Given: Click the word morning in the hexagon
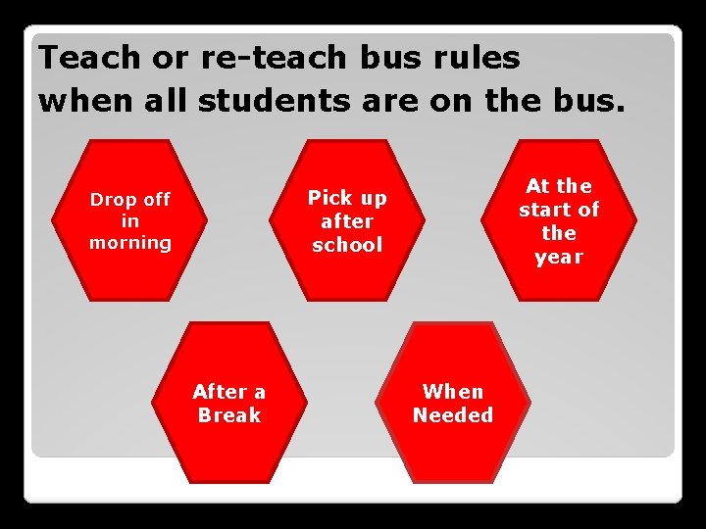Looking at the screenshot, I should [x=130, y=242].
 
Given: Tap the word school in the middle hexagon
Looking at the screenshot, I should [x=347, y=245].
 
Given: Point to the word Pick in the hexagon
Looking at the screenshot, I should [x=328, y=198].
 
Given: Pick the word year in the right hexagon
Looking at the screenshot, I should [x=559, y=258].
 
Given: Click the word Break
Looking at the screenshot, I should [x=228, y=414].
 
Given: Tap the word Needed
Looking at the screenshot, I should [x=453, y=414].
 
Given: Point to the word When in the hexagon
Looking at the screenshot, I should [x=453, y=391].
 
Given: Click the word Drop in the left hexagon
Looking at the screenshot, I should [x=112, y=200].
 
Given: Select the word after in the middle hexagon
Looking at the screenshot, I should [x=347, y=221].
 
